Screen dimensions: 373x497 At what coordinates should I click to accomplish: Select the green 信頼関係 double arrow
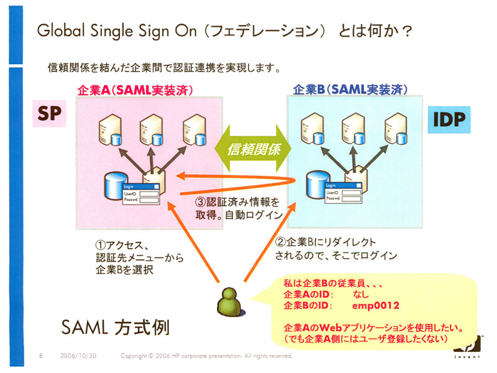[x=254, y=149]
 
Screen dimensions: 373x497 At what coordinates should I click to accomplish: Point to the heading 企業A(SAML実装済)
[x=134, y=90]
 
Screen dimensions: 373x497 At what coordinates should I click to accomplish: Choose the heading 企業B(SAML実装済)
[x=350, y=90]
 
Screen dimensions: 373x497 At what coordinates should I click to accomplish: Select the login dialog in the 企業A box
[x=141, y=194]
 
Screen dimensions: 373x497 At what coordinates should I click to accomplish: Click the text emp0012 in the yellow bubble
[x=375, y=306]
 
